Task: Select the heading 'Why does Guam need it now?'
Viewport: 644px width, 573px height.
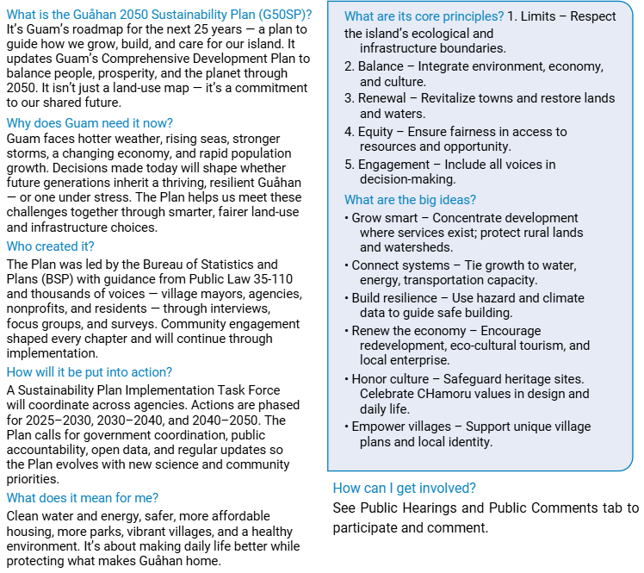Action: coord(90,122)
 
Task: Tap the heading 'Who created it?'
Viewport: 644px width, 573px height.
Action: coord(50,246)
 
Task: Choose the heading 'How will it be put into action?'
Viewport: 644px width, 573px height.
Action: coord(90,372)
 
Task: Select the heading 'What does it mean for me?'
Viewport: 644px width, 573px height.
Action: coord(83,497)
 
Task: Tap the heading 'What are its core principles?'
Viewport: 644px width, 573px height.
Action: coord(424,16)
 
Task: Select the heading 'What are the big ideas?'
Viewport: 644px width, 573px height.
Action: coord(410,200)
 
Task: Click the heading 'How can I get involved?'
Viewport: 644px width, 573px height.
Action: coord(404,488)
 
